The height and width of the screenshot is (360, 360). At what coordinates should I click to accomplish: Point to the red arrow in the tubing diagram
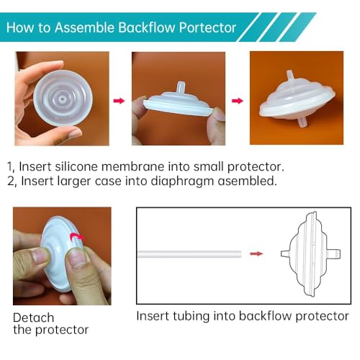256,253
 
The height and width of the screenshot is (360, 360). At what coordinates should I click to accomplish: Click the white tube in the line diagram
191,253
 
